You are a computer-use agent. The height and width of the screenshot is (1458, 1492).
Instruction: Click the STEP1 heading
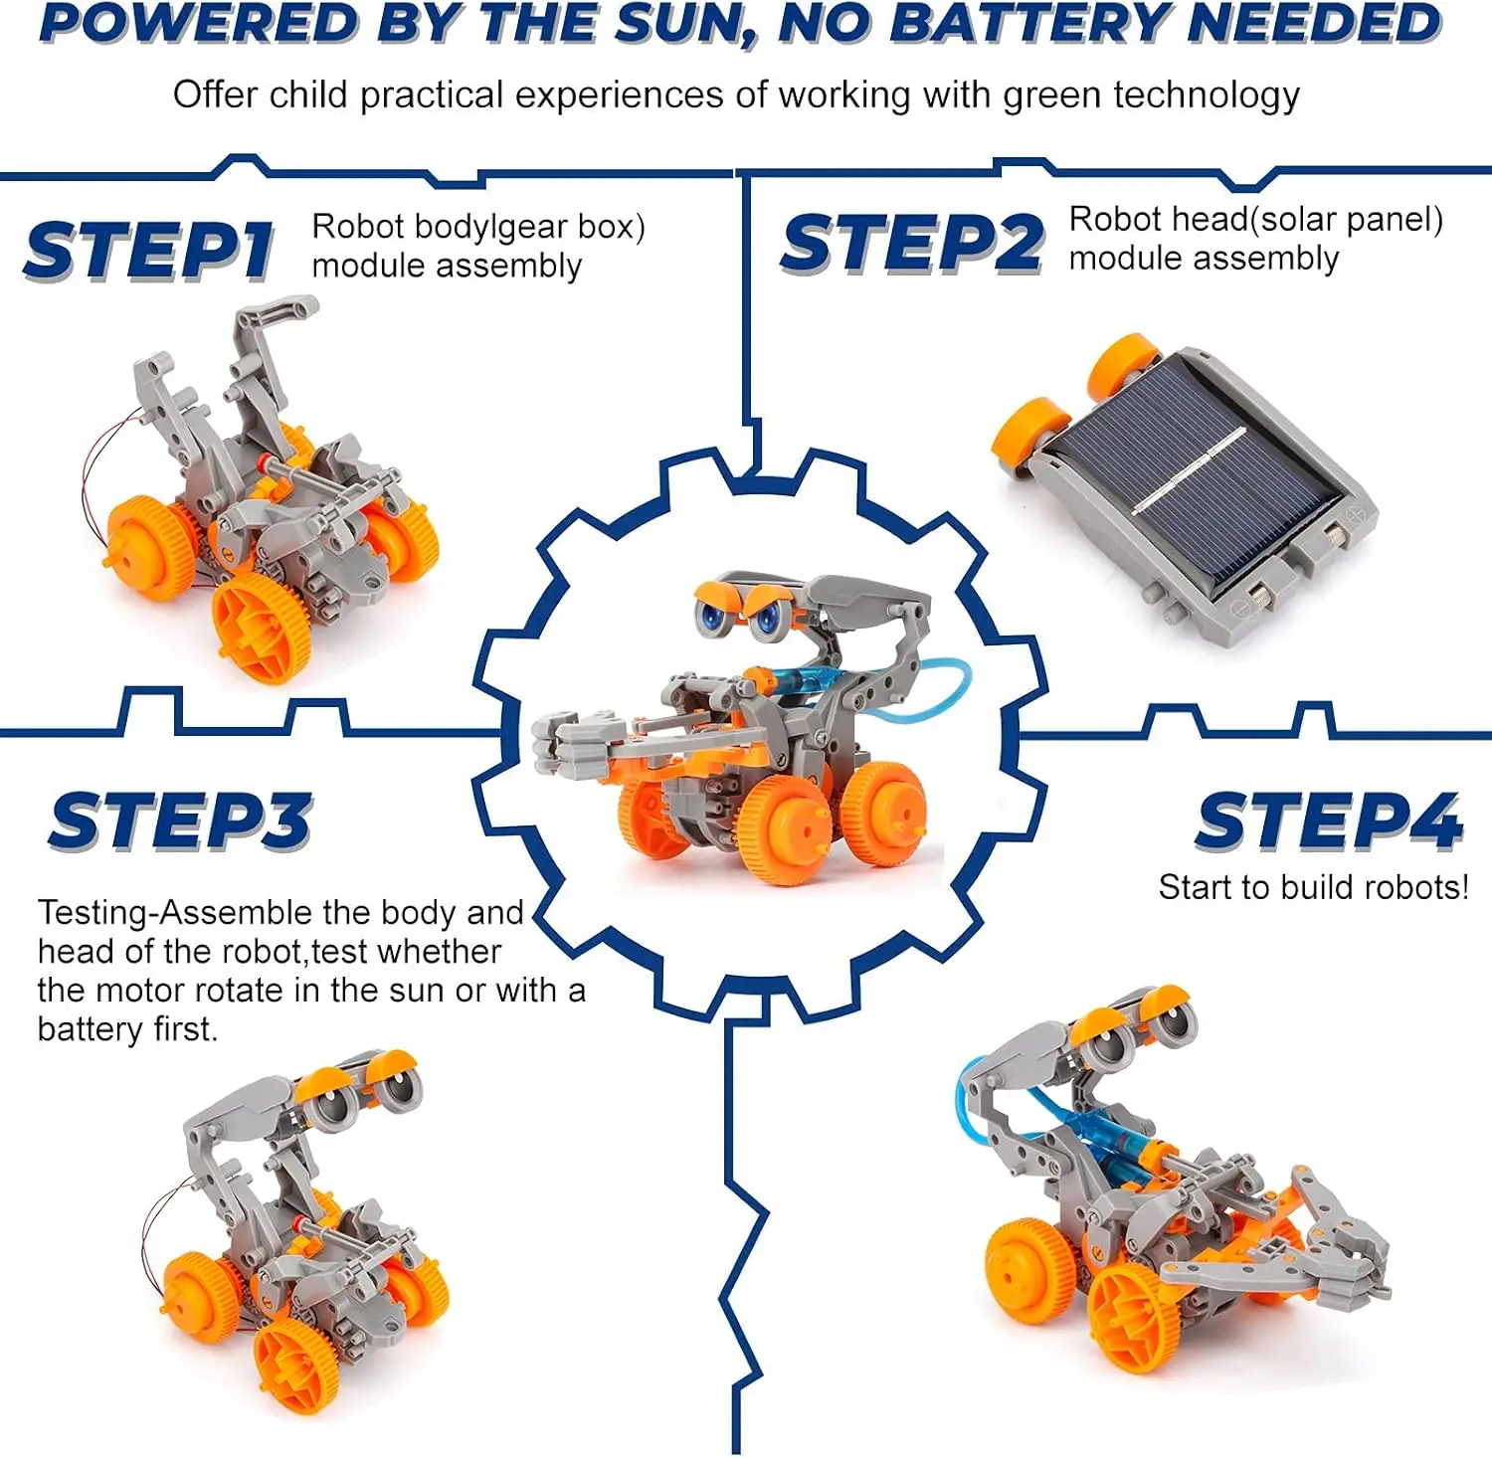pos(149,250)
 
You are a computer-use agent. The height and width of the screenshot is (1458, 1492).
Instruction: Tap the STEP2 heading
pos(912,243)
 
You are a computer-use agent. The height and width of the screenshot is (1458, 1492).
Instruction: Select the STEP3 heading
pos(181,820)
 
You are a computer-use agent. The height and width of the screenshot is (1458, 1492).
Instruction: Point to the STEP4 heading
pos(1329,820)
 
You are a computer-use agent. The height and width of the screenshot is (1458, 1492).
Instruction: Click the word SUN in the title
pos(682,24)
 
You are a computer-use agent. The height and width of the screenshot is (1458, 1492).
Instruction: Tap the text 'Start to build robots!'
pos(1313,887)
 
